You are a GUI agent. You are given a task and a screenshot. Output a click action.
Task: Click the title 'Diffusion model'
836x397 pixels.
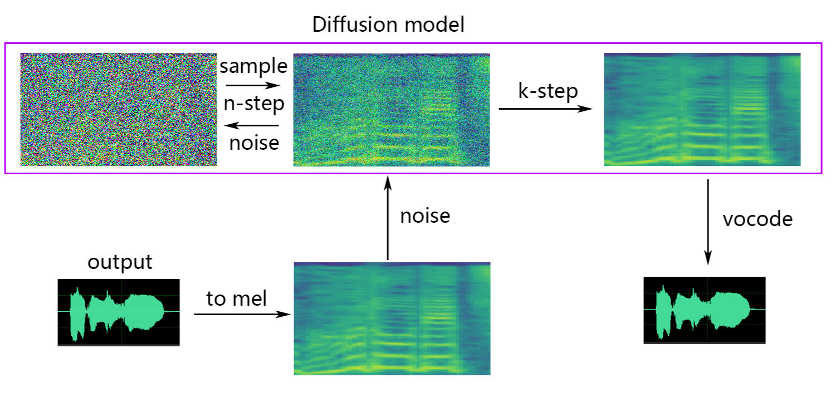(388, 25)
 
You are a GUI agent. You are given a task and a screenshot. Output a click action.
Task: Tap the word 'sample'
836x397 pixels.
(253, 67)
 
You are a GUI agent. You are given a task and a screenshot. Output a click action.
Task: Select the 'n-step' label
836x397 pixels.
(253, 104)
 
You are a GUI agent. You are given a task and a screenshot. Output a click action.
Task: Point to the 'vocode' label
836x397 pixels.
(757, 219)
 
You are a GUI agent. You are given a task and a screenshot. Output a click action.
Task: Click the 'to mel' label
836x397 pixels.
(237, 299)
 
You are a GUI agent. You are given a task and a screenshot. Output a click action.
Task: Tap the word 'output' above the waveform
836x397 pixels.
(120, 262)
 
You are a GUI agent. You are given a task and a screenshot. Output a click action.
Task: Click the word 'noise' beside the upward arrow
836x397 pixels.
(425, 215)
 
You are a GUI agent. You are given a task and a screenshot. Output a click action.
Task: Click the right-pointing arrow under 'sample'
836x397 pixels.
(252, 86)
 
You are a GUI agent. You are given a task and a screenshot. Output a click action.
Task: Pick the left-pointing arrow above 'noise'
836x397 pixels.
(253, 125)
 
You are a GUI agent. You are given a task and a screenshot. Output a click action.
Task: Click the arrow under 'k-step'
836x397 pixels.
(545, 109)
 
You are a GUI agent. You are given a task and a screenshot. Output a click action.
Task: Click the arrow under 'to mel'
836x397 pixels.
(242, 315)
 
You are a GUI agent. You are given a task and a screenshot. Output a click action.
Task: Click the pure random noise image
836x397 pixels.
(119, 109)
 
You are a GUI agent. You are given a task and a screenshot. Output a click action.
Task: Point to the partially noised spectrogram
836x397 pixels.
(391, 110)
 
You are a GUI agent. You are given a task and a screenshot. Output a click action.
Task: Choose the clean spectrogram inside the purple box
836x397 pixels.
(702, 110)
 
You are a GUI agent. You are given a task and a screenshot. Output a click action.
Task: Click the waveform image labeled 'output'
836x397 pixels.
(119, 312)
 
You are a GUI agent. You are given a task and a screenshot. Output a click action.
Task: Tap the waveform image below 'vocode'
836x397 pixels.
(705, 310)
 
